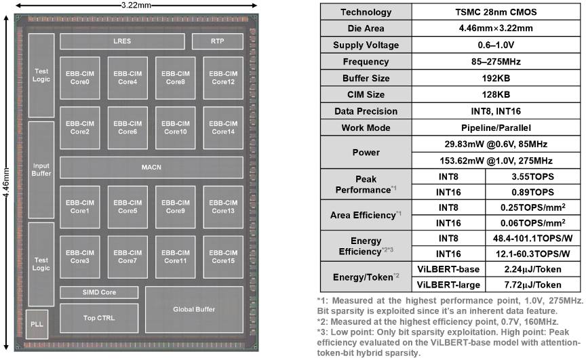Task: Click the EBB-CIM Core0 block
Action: tap(80, 78)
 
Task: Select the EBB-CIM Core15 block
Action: tap(223, 257)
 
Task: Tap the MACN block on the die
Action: tap(151, 167)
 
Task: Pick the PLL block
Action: tap(37, 324)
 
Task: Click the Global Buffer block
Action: tap(194, 310)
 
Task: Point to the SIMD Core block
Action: tap(99, 292)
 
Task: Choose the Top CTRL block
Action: tap(99, 318)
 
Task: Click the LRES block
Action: tap(122, 41)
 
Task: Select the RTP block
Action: tap(218, 41)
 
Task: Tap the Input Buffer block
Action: tap(41, 169)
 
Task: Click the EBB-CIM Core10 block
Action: tap(175, 127)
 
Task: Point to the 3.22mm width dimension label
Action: tap(136, 5)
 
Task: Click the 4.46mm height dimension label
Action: tap(5, 183)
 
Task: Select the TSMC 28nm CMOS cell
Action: tap(496, 12)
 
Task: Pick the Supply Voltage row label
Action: tap(366, 45)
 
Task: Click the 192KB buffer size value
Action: tap(496, 78)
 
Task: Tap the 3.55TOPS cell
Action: tap(532, 177)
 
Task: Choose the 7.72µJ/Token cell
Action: tap(532, 285)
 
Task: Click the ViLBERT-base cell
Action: tap(448, 269)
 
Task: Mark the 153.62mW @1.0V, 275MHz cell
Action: tap(496, 161)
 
